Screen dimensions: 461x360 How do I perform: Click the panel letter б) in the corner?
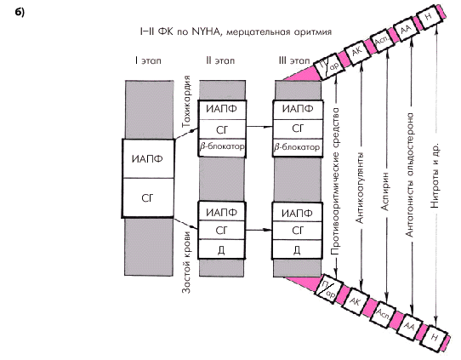[20, 13]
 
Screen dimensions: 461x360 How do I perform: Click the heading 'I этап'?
[148, 60]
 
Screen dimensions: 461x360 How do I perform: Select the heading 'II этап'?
[220, 60]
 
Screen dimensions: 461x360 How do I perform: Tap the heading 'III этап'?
[294, 60]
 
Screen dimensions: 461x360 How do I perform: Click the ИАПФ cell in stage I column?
[148, 158]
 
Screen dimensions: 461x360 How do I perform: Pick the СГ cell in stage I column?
[148, 198]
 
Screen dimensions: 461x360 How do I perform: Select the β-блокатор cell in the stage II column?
[222, 146]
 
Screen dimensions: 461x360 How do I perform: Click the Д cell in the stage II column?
[221, 249]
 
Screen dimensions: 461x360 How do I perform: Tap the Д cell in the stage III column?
[297, 249]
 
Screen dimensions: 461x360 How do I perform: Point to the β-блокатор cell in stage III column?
[298, 146]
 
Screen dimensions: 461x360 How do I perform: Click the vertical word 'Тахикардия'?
[186, 101]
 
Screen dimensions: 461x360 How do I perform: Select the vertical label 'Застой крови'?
[186, 262]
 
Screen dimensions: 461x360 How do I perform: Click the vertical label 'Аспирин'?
[385, 191]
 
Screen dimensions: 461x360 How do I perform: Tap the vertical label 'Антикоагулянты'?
[360, 187]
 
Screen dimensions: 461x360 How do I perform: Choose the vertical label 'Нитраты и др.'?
[435, 176]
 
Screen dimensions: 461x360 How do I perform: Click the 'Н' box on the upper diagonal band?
[429, 17]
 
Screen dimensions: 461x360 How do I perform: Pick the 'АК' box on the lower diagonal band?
[356, 302]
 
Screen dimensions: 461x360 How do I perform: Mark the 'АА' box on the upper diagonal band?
[406, 29]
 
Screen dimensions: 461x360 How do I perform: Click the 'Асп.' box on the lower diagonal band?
[383, 314]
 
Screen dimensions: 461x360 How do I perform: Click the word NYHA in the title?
[206, 31]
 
